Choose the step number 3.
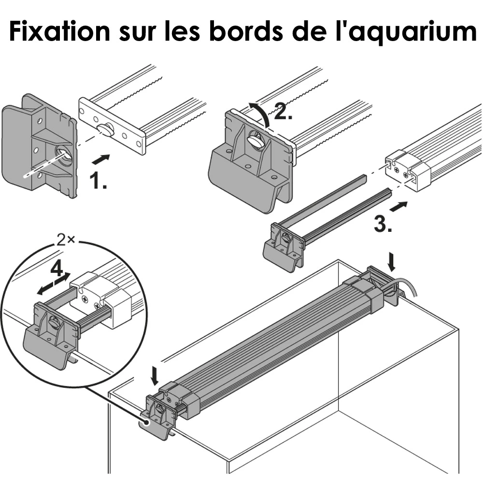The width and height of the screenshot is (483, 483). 383,224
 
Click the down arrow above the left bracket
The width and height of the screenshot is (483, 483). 154,375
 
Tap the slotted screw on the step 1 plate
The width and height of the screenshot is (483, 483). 106,129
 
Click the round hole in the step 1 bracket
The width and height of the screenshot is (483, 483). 62,155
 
